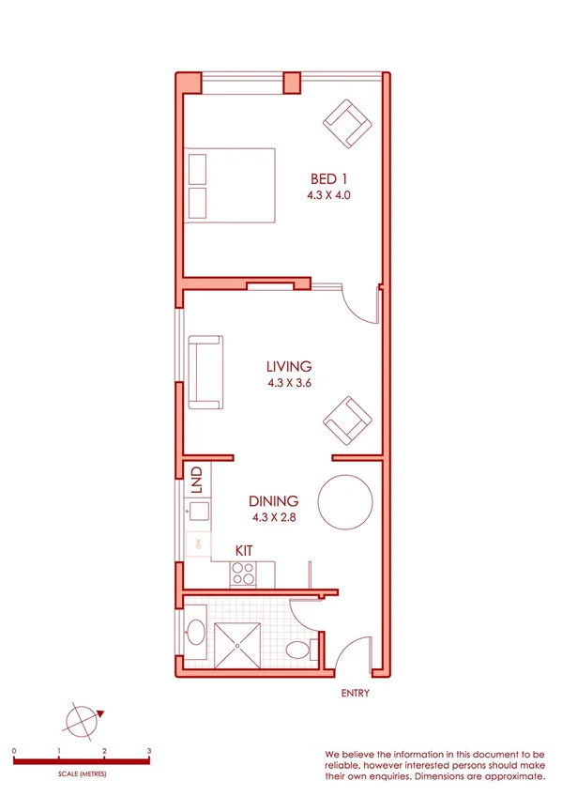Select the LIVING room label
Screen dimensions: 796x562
[x=288, y=366]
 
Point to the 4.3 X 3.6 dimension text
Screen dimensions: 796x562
[x=288, y=383]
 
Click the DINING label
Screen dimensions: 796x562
[x=275, y=501]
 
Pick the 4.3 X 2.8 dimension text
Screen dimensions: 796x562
[x=275, y=517]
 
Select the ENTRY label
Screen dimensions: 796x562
[x=356, y=695]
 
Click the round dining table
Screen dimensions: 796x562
[x=347, y=502]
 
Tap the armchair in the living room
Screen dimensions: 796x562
[x=347, y=421]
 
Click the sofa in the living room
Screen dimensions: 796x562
[x=206, y=373]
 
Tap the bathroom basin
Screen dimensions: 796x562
[x=196, y=632]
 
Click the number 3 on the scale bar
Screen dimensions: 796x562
[x=149, y=751]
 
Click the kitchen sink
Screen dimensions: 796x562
[x=198, y=512]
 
